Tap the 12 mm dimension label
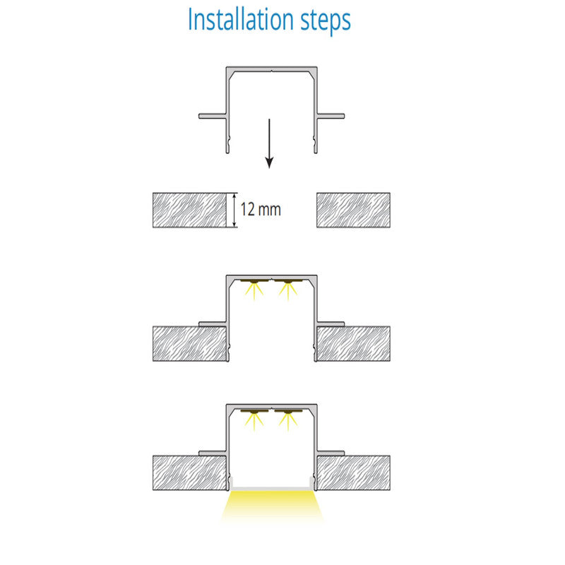point(261,210)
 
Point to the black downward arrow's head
point(269,163)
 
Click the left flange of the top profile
point(213,116)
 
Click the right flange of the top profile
point(331,116)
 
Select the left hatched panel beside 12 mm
point(189,210)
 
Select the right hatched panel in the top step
point(354,210)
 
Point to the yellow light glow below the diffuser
point(272,506)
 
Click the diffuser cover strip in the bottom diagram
point(272,488)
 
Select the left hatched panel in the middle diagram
point(189,344)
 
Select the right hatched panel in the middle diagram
point(354,344)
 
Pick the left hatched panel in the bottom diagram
point(189,472)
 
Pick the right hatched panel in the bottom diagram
point(354,472)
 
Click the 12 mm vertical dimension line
point(234,210)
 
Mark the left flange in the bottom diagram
point(213,453)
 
